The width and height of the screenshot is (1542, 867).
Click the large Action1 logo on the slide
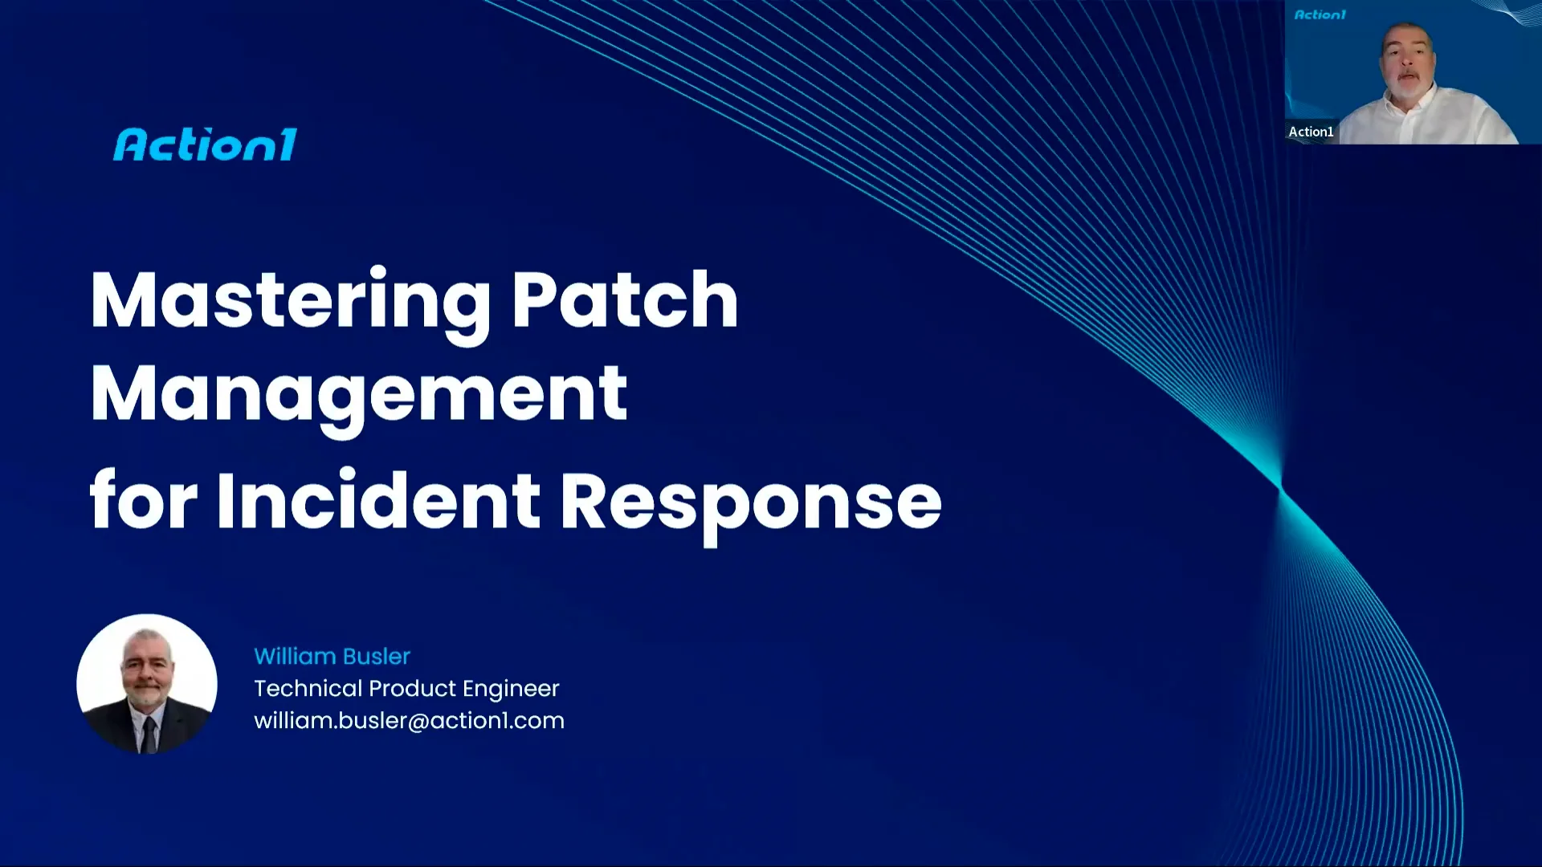(206, 145)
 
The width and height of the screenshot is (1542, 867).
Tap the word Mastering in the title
(291, 301)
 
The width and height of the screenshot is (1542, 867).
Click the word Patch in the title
(624, 300)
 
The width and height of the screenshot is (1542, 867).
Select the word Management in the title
(358, 394)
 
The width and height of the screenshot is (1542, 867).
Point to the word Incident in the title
(377, 502)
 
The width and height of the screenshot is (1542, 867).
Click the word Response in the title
(750, 503)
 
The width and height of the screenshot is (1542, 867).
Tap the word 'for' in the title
(143, 500)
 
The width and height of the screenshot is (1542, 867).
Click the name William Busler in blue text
(332, 657)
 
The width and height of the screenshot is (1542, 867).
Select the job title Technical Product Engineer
(406, 689)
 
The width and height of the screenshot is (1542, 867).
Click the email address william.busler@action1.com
(409, 721)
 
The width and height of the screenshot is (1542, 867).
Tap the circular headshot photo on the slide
(147, 684)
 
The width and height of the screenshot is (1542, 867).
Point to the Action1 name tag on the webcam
(1311, 132)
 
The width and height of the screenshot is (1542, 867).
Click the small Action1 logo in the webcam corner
(1320, 14)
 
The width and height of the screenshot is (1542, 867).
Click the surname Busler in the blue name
(376, 657)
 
